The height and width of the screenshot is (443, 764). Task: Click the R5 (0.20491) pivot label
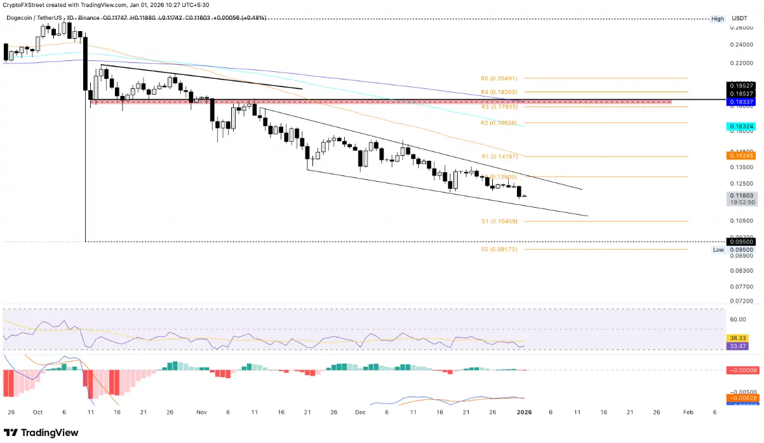(499, 78)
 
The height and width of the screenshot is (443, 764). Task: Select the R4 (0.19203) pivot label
(499, 92)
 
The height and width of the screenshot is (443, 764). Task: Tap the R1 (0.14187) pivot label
(499, 156)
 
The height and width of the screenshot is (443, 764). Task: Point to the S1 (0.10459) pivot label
(499, 221)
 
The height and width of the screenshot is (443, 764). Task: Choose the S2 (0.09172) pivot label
(499, 250)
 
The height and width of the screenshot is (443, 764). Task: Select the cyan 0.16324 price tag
(741, 127)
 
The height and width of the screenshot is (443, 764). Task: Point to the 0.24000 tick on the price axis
(741, 44)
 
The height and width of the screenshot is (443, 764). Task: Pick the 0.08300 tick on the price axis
(741, 270)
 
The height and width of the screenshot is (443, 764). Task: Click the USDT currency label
(739, 19)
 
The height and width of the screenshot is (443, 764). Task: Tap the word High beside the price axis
(718, 19)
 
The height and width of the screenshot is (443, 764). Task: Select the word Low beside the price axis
(718, 250)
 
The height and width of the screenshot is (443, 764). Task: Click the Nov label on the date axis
(201, 412)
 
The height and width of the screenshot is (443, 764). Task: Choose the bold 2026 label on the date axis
(524, 412)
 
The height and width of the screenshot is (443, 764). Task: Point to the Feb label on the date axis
(688, 412)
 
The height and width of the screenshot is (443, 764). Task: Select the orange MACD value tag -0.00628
(741, 399)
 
